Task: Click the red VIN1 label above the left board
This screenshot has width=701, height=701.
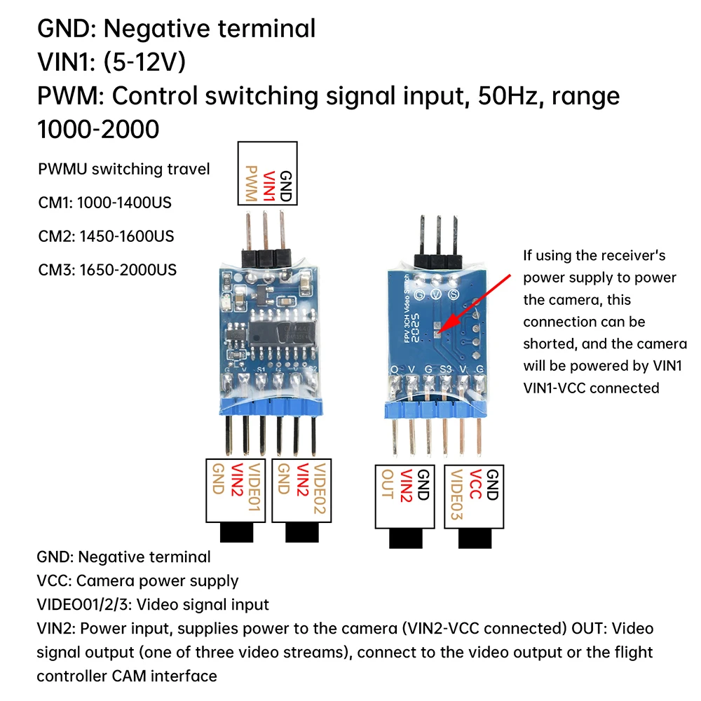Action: coord(268,185)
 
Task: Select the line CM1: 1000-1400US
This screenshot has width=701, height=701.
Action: coord(105,203)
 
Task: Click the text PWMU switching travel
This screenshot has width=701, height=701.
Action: coord(124,169)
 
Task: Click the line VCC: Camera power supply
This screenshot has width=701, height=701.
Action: coord(137,580)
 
